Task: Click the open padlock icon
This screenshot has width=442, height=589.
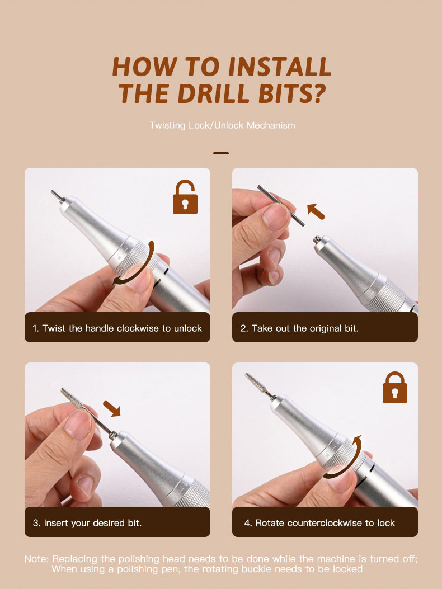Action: tap(185, 198)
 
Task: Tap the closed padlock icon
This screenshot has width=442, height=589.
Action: tap(394, 388)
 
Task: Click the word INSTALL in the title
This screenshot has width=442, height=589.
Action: tap(279, 67)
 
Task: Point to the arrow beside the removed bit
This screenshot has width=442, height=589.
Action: tap(316, 211)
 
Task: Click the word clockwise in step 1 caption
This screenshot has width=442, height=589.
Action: tap(138, 328)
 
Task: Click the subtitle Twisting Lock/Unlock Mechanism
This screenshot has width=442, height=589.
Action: tap(222, 125)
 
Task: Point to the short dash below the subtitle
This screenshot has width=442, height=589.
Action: tap(221, 153)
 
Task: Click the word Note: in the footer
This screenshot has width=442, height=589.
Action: tap(36, 559)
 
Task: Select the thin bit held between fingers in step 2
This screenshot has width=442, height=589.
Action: tap(281, 206)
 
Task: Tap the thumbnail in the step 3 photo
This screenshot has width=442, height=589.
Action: tap(78, 424)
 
